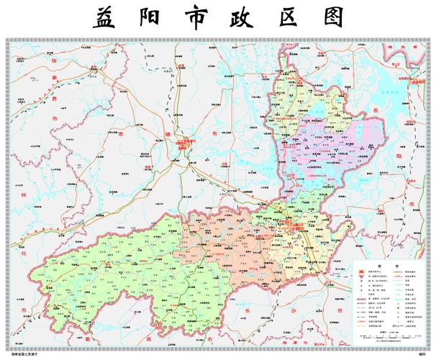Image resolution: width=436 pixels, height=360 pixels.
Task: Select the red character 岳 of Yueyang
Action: coord(399,108)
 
